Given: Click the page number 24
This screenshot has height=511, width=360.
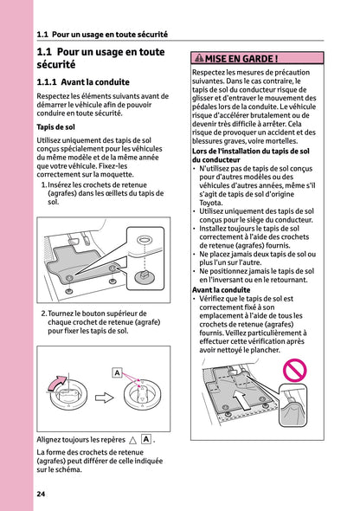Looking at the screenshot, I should pos(42,494).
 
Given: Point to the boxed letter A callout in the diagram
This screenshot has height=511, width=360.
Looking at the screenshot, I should pos(116,372).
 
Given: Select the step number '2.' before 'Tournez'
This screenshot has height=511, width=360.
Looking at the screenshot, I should pos(43,314).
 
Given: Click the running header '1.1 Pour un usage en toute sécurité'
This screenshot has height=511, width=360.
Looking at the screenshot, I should pos(102,35).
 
